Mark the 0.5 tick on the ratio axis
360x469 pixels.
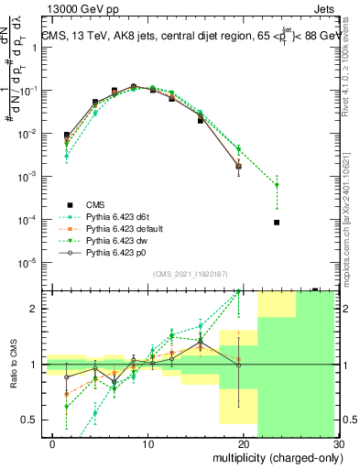tap(33, 420)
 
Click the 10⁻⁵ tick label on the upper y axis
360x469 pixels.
tap(31, 262)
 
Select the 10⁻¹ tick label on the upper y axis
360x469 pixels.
tap(31, 91)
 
